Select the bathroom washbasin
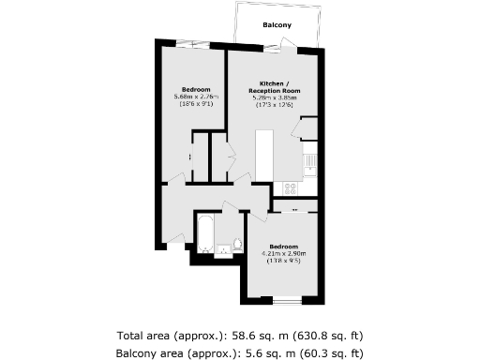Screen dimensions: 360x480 click(222, 249)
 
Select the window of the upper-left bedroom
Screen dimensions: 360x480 click(191, 42)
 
